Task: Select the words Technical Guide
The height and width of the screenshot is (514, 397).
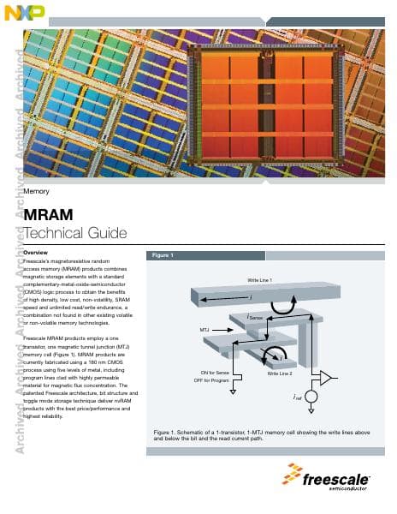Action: (76, 233)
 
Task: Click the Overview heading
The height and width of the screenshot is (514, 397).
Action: (36, 254)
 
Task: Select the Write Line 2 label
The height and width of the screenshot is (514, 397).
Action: (280, 374)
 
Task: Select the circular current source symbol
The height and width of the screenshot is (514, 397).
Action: (311, 397)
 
